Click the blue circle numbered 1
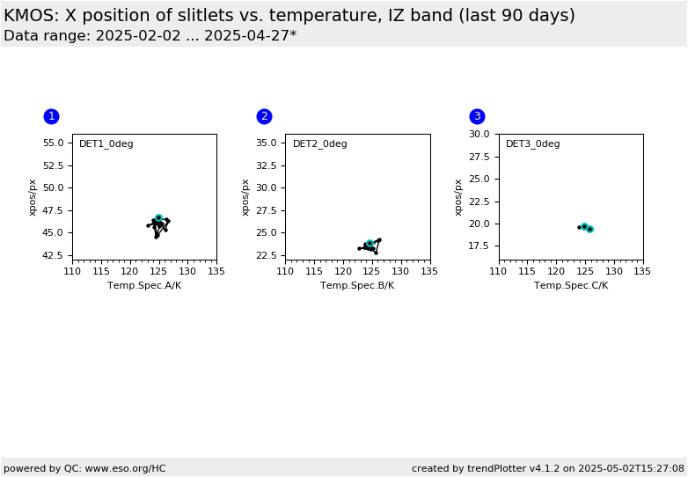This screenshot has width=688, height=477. pyautogui.click(x=51, y=116)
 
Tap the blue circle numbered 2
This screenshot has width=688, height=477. pyautogui.click(x=264, y=116)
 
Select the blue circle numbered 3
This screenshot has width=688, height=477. pyautogui.click(x=478, y=116)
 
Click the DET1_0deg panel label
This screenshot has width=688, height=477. pyautogui.click(x=106, y=144)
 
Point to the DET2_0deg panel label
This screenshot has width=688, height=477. pyautogui.click(x=320, y=144)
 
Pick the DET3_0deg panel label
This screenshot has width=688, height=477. pyautogui.click(x=532, y=144)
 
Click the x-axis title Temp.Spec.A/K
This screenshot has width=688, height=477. pyautogui.click(x=144, y=286)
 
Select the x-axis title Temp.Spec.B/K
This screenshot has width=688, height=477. pyautogui.click(x=357, y=286)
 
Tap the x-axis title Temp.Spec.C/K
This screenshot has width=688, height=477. pyautogui.click(x=571, y=286)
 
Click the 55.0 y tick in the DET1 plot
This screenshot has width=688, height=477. pyautogui.click(x=53, y=143)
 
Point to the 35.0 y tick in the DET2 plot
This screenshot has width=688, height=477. pyautogui.click(x=267, y=143)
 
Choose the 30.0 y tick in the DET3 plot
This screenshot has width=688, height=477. pyautogui.click(x=479, y=134)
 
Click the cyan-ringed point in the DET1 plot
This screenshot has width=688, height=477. pyautogui.click(x=159, y=217)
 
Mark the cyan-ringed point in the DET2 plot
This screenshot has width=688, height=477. pyautogui.click(x=370, y=243)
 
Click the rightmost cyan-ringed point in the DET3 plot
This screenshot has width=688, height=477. pyautogui.click(x=590, y=229)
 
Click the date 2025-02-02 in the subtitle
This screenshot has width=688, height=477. pyautogui.click(x=138, y=35)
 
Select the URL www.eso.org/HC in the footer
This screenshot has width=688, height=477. pyautogui.click(x=125, y=469)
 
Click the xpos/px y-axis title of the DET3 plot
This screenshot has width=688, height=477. pyautogui.click(x=458, y=197)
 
